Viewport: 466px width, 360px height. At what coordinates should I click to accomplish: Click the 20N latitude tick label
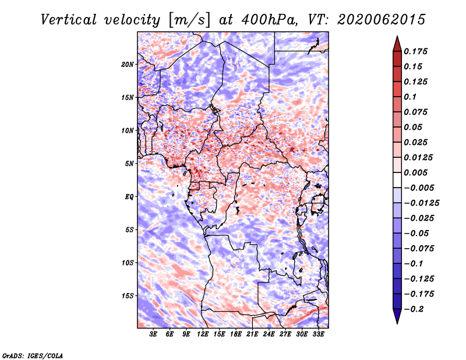[128, 65]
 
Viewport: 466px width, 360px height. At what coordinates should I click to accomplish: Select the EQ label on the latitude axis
[129, 197]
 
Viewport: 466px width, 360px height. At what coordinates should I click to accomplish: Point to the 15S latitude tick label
[128, 296]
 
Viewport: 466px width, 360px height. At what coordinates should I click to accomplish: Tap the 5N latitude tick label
[129, 164]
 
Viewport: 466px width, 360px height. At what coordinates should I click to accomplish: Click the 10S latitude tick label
[128, 263]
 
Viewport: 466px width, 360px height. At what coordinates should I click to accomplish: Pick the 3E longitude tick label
[153, 334]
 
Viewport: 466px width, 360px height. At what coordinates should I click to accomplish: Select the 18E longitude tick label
[236, 334]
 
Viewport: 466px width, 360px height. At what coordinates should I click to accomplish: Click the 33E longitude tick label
[318, 334]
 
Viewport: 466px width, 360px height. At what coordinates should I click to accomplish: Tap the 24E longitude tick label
[269, 334]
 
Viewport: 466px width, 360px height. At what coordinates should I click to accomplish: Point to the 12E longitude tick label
[203, 334]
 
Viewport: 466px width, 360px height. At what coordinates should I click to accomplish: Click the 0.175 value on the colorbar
[415, 51]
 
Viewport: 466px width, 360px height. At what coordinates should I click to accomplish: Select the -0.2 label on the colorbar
[414, 309]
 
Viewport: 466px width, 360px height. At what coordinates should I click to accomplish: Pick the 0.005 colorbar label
[415, 172]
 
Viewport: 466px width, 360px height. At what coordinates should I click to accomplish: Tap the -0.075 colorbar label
[419, 249]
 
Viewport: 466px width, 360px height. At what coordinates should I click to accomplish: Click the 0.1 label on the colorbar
[410, 97]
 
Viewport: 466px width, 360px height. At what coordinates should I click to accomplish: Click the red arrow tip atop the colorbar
[397, 36]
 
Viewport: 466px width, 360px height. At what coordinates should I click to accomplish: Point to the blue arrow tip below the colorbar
[397, 323]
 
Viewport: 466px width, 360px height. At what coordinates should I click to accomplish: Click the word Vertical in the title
[69, 20]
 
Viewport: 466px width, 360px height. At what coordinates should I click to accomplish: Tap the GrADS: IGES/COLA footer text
[33, 355]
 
